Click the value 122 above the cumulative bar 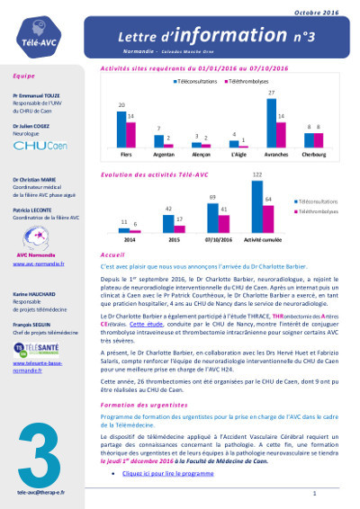point(282,173)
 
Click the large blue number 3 point(37,442)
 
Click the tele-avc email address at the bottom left point(37,494)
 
